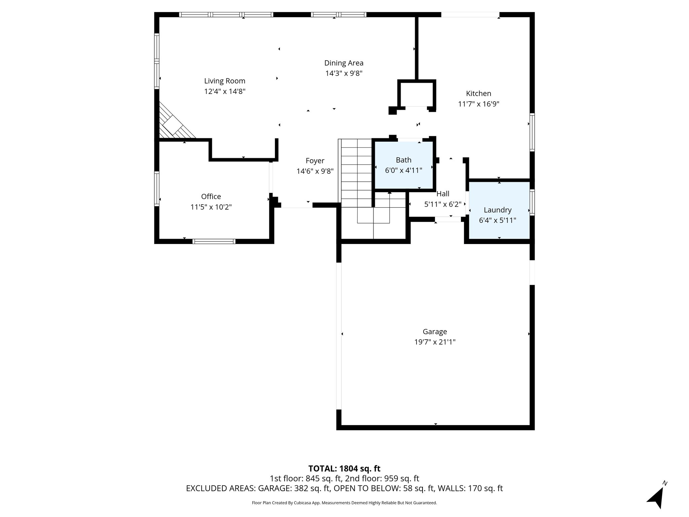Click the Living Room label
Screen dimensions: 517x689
click(x=224, y=81)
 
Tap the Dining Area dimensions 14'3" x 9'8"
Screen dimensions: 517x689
click(x=343, y=73)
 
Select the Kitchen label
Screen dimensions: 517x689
click(x=478, y=94)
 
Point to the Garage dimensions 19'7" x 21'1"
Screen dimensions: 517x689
click(x=435, y=342)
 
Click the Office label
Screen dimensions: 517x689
click(x=211, y=197)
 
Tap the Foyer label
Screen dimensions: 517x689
click(x=315, y=161)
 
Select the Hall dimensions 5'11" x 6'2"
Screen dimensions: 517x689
click(x=443, y=204)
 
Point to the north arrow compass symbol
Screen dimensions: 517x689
click(x=656, y=497)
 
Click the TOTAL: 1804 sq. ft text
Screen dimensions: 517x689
click(x=344, y=469)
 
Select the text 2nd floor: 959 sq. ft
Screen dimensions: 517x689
click(x=382, y=479)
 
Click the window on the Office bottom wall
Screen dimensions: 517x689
click(x=214, y=241)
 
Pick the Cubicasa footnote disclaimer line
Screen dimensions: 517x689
click(x=344, y=503)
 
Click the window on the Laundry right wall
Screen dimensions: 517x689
click(x=532, y=202)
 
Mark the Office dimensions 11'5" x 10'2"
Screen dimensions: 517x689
click(x=211, y=207)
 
